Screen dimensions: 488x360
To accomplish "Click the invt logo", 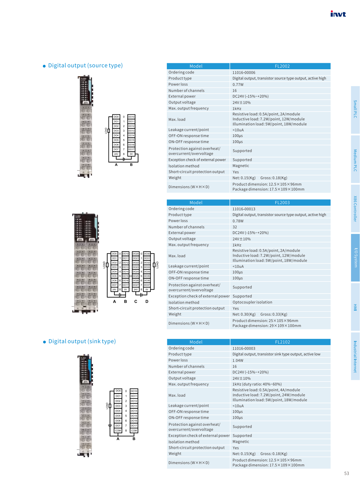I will (338, 14).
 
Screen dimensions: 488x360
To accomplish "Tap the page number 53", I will (346, 473).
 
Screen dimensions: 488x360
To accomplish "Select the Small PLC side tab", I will (355, 109).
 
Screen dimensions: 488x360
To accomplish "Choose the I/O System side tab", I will (355, 258).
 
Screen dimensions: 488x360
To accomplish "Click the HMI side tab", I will (355, 307).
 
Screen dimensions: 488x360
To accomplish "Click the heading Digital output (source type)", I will (85, 66).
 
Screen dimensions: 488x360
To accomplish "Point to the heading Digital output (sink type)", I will (82, 341).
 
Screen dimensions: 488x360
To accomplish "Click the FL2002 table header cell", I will (282, 66).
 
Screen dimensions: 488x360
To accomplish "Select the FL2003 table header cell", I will (282, 203).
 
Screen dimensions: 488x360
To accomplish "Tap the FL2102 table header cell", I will (282, 342).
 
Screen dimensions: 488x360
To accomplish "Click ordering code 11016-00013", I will (244, 209).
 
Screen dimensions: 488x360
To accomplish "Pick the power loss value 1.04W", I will (238, 360).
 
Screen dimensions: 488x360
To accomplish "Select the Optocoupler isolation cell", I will (252, 302).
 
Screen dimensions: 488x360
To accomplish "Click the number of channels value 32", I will (235, 227).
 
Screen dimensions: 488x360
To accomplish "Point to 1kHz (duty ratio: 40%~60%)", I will (257, 384).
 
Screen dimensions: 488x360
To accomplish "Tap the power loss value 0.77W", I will (238, 85).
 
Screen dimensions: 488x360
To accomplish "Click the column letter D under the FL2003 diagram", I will (147, 301).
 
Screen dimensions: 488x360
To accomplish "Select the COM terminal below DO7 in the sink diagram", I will (118, 431).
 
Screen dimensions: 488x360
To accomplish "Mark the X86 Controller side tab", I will (355, 209).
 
